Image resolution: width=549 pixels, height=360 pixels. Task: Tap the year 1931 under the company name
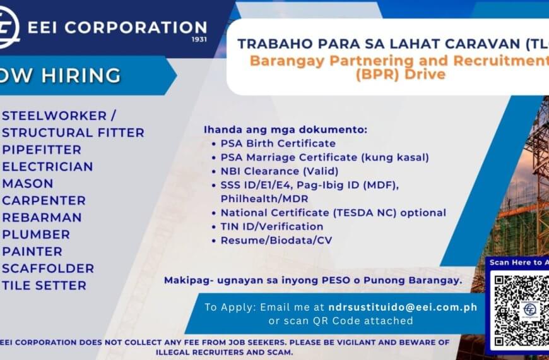(x=197, y=40)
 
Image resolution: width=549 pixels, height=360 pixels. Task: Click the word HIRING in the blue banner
(x=81, y=76)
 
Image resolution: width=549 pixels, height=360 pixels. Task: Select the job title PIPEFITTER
(x=42, y=150)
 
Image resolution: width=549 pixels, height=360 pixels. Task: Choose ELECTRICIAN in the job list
(x=48, y=167)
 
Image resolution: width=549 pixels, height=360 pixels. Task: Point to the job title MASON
(x=28, y=184)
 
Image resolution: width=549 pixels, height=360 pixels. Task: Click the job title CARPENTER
(x=44, y=201)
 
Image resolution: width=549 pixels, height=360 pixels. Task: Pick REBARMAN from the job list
(x=42, y=217)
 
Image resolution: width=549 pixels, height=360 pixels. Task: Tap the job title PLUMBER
(x=37, y=234)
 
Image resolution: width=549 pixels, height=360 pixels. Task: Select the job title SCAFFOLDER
(x=49, y=268)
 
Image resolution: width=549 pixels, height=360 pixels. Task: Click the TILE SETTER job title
(x=45, y=285)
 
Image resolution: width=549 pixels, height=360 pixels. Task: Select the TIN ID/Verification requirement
(x=272, y=226)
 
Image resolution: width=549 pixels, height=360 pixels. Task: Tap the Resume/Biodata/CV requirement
(x=276, y=240)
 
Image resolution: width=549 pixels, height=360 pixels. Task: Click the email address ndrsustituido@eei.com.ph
(x=403, y=307)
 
